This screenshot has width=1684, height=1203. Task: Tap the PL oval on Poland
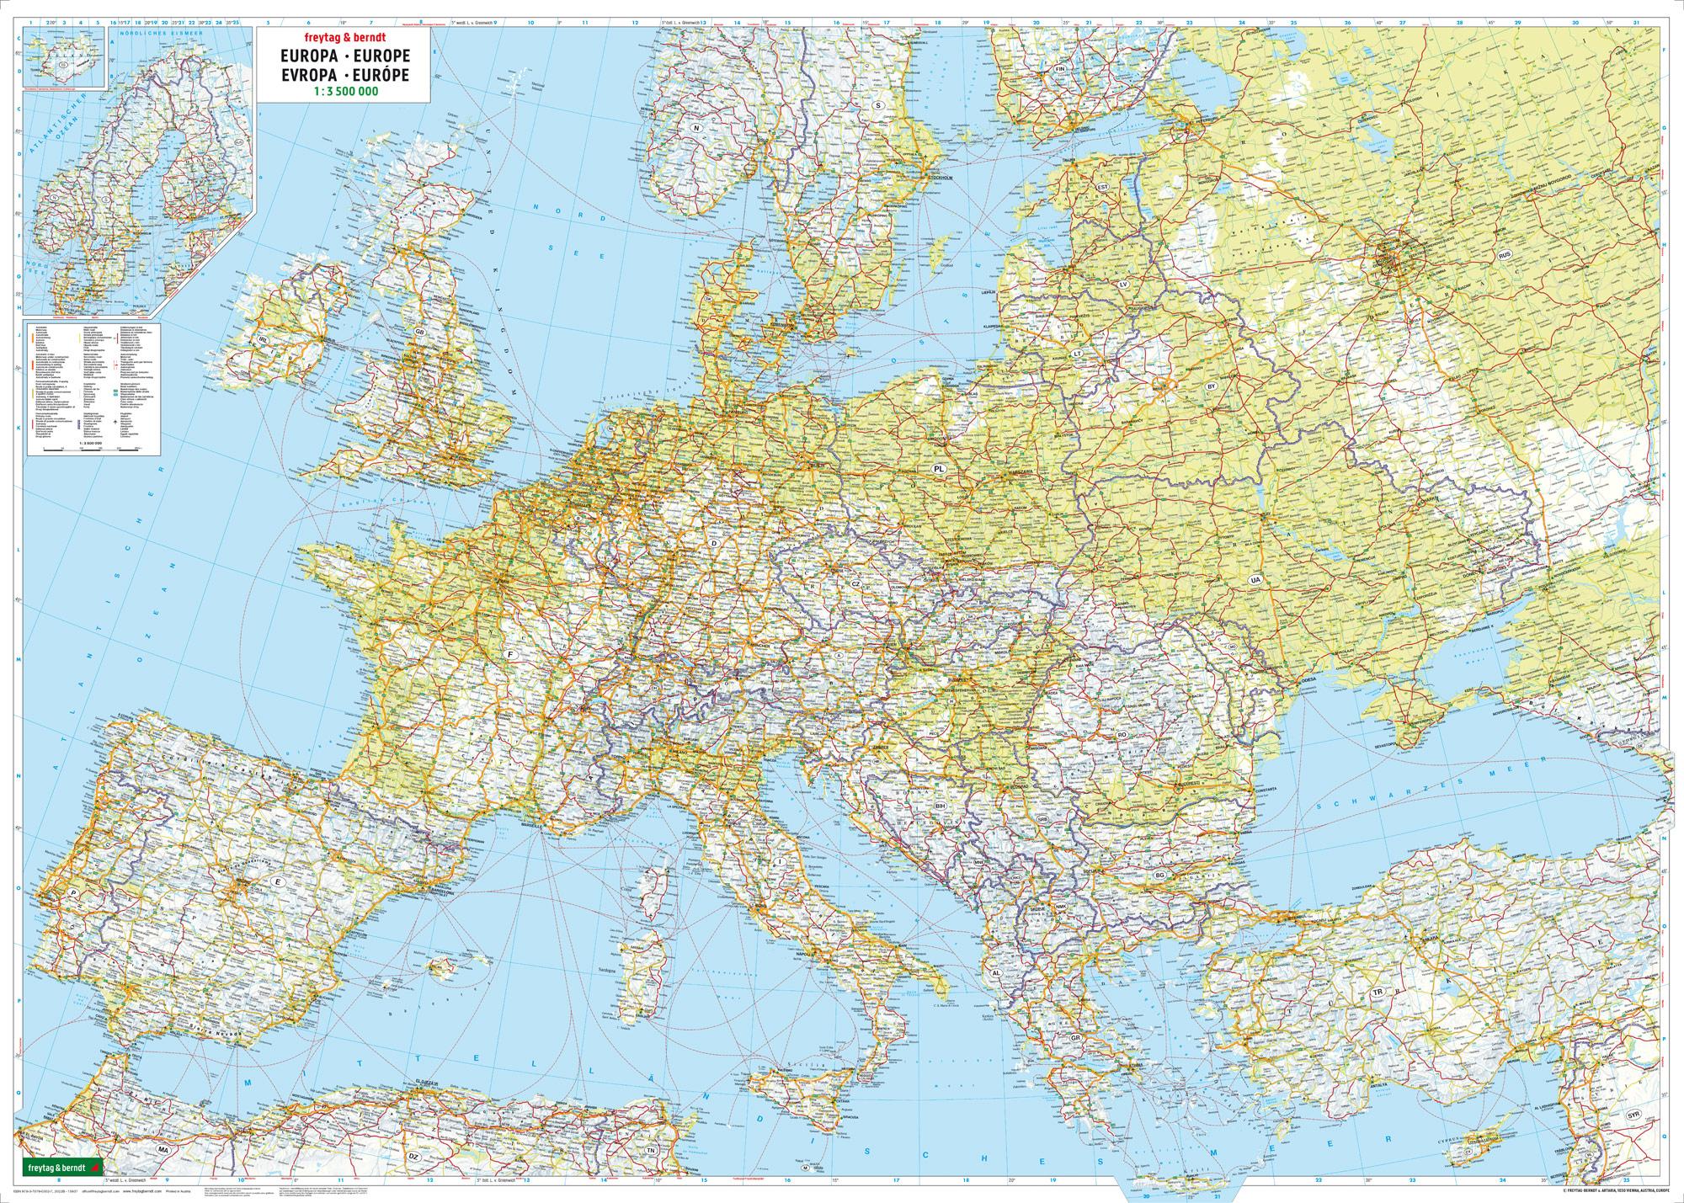tap(936, 466)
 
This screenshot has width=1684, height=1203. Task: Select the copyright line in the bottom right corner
tap(1591, 1190)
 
